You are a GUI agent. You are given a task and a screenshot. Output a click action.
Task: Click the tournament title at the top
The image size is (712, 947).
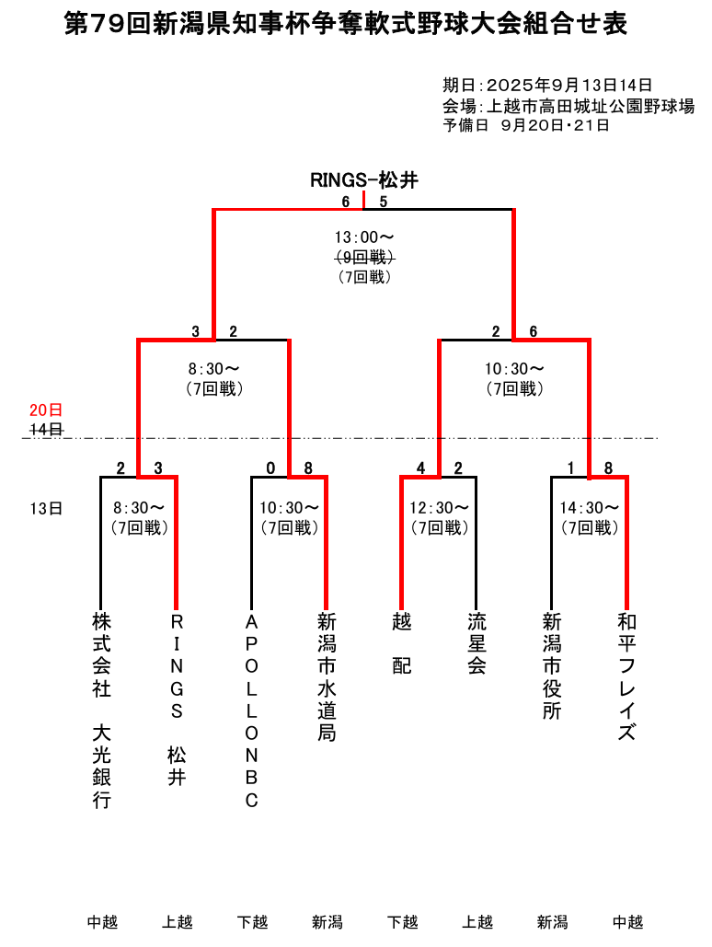(346, 25)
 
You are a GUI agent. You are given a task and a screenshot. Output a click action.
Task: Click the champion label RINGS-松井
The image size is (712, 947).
(364, 180)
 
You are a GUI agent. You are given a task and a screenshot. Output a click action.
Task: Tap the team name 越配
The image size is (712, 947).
(402, 643)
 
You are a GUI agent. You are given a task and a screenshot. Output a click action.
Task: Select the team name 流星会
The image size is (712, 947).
(477, 643)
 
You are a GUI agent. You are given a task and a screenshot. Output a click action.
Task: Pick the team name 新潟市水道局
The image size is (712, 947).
(327, 676)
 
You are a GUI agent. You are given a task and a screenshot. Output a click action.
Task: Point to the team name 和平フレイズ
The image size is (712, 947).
(626, 676)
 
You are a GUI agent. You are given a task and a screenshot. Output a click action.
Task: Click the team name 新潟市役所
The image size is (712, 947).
(552, 665)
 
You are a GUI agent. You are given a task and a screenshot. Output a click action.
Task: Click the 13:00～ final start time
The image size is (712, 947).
(364, 237)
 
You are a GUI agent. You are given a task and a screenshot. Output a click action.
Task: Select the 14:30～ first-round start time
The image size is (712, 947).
(590, 507)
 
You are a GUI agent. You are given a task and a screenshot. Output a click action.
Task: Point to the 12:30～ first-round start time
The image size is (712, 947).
(440, 507)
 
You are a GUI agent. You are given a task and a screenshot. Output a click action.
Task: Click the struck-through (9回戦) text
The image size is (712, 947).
(364, 257)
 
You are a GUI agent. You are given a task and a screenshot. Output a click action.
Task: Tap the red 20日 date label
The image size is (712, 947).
(46, 410)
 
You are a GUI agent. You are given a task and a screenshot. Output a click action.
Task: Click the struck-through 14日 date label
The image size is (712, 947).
(46, 429)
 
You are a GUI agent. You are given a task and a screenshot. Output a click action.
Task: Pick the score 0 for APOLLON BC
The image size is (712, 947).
(270, 468)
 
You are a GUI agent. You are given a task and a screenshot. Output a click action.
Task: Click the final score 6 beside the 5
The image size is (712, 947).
(346, 202)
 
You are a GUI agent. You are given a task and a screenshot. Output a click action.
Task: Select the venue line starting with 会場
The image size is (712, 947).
(568, 106)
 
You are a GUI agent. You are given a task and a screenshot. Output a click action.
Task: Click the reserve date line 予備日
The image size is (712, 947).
(526, 125)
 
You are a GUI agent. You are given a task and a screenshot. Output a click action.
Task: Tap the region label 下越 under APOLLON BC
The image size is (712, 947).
(252, 921)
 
